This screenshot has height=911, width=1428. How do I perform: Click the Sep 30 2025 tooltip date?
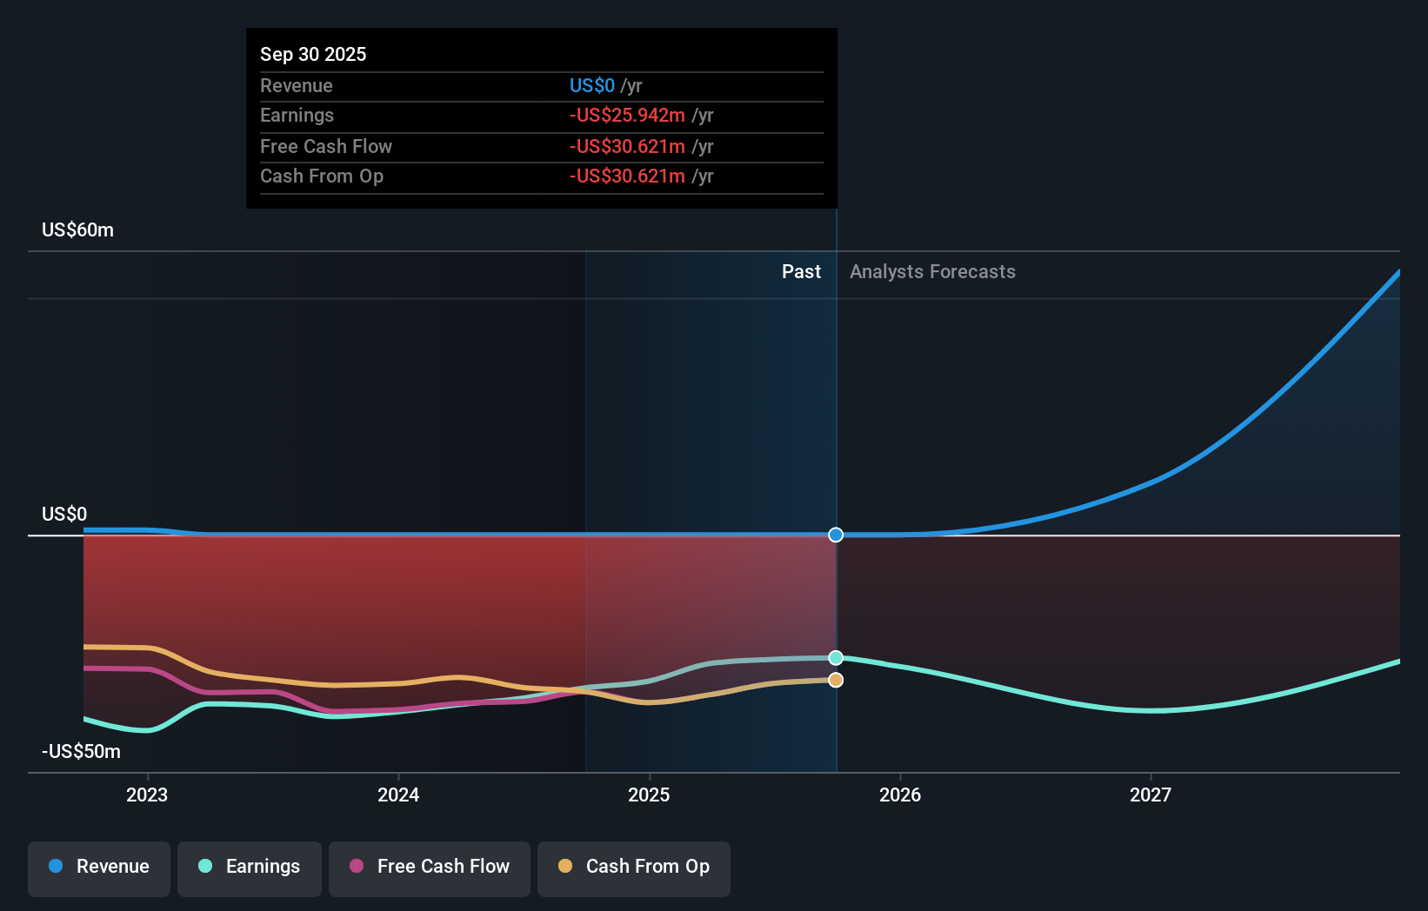coord(313,54)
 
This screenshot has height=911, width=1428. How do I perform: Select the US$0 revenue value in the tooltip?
coord(591,85)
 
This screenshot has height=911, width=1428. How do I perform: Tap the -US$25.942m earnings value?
coord(627,115)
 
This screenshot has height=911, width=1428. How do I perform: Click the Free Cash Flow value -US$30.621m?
coord(627,146)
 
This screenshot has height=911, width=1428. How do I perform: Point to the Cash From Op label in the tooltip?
coord(322,176)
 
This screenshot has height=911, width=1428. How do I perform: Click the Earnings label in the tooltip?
coord(297,115)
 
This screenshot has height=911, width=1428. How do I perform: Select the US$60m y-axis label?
coord(77,229)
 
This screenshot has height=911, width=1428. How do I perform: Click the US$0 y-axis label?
coord(64,514)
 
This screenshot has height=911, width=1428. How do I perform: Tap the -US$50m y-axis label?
coord(81,751)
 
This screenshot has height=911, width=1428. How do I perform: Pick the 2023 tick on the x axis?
coord(147,795)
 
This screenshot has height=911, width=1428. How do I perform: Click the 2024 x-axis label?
coord(398,795)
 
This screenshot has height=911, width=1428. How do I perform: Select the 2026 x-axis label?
coord(900,795)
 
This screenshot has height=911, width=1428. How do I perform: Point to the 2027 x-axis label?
coord(1151,795)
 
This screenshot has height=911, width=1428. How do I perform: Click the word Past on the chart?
coord(801,271)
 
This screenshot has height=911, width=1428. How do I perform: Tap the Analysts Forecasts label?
coord(932,271)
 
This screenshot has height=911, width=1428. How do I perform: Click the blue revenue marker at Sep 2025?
coord(836,535)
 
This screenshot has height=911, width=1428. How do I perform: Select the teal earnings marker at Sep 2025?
coord(836,658)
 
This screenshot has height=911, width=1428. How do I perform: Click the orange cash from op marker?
coord(836,680)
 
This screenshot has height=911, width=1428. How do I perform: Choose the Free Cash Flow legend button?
coord(430,867)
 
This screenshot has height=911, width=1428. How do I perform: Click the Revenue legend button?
coord(99,867)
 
